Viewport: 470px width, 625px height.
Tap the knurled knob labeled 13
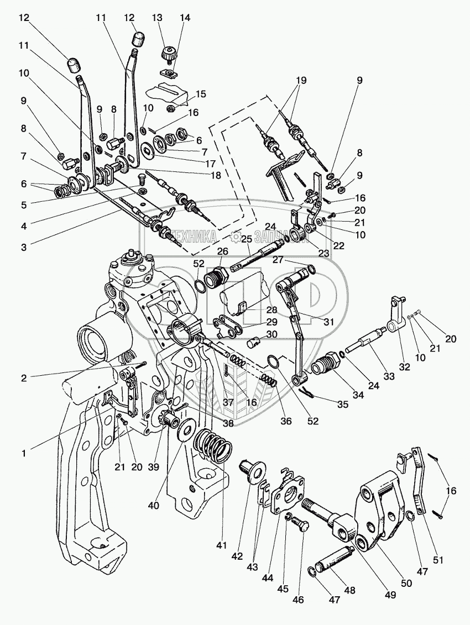point(168,55)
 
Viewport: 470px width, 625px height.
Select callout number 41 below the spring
point(222,545)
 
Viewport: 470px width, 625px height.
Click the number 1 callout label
point(23,453)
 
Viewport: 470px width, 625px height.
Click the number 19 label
point(300,79)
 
